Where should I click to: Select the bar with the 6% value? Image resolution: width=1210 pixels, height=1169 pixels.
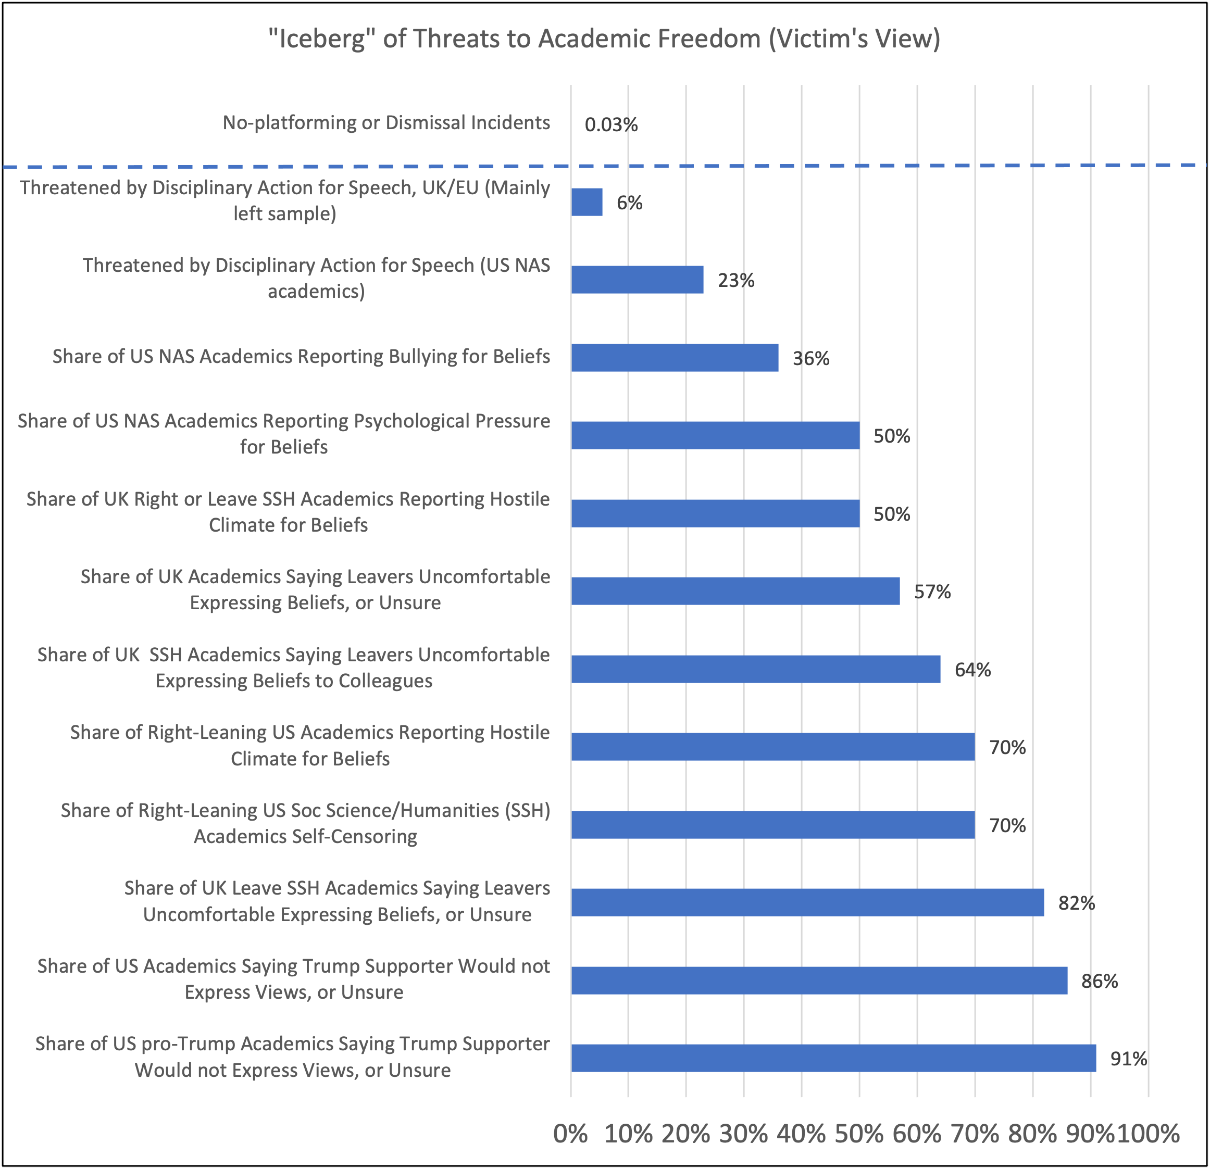point(587,202)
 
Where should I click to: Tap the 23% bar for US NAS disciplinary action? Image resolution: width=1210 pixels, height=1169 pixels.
point(637,280)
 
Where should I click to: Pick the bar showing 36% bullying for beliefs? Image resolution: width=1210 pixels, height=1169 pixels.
point(674,357)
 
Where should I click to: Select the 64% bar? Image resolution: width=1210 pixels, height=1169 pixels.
point(755,669)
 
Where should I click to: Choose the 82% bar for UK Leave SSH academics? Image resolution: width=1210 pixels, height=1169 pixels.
point(807,902)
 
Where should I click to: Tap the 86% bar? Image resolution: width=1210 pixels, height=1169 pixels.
point(819,980)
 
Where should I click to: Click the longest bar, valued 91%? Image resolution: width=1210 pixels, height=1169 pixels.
point(833,1058)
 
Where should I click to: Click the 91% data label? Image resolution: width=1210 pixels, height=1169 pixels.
point(1129,1059)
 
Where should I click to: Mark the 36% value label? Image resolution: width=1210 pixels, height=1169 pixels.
point(810,359)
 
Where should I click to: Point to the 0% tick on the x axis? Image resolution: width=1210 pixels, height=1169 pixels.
point(570,1134)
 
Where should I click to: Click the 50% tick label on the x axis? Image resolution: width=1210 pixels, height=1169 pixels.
point(859,1134)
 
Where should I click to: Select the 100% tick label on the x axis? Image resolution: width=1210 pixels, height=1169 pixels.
point(1147,1134)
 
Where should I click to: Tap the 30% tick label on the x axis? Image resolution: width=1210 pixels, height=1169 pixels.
point(743,1134)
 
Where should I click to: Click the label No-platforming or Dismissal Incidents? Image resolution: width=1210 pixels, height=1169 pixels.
point(386,123)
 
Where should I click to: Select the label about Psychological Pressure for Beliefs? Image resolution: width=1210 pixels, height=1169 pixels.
point(283,433)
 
